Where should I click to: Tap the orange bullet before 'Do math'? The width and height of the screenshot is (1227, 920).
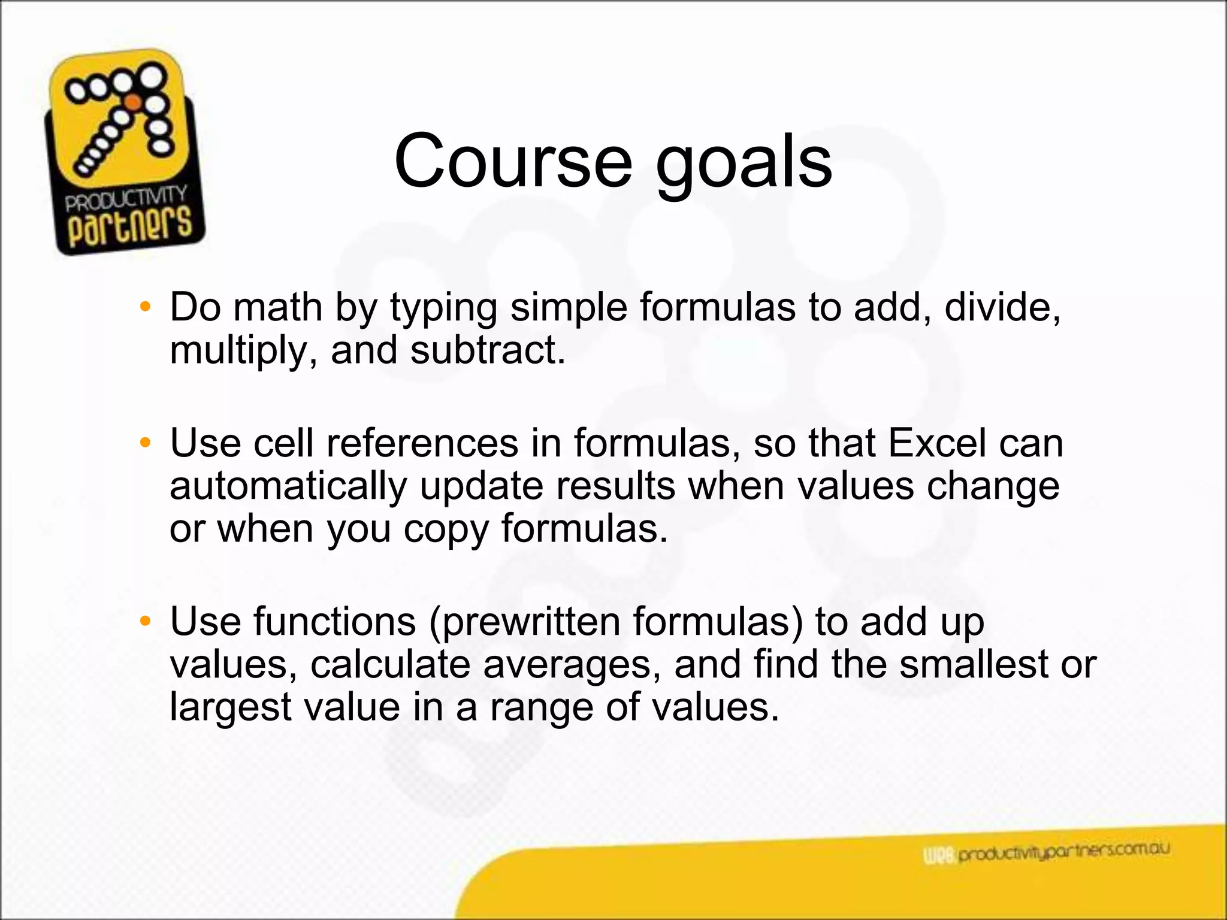(144, 307)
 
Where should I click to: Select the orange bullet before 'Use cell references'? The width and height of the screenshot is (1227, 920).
(144, 443)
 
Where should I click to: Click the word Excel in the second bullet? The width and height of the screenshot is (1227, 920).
(936, 444)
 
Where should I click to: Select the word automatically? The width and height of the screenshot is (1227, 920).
(288, 486)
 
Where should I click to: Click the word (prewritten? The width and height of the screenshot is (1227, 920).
(525, 622)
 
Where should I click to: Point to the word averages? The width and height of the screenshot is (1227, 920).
(572, 665)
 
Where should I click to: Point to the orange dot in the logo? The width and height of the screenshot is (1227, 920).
(134, 102)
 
